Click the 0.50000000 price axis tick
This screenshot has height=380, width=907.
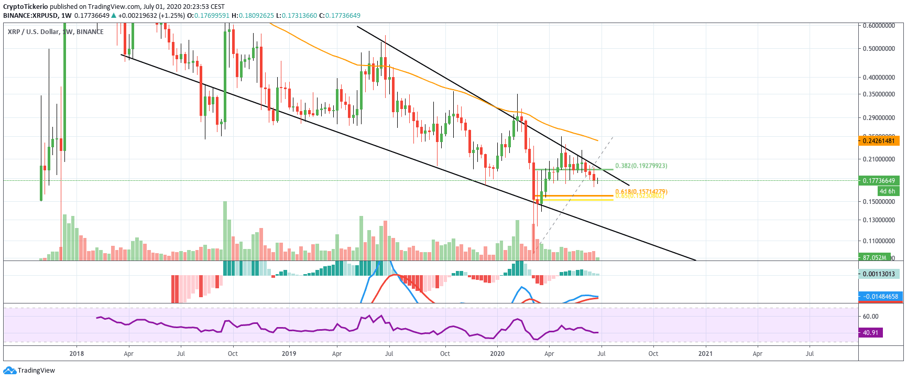click(878, 49)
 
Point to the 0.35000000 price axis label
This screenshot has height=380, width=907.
click(878, 94)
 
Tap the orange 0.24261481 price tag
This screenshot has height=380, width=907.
click(879, 140)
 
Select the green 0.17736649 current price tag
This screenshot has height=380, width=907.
click(879, 181)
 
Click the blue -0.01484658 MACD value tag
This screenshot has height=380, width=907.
click(880, 297)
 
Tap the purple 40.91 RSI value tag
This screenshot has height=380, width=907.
click(870, 332)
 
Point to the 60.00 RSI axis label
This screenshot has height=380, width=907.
click(870, 317)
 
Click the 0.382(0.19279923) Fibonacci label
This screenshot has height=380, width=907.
click(641, 166)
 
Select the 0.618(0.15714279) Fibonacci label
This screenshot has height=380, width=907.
click(641, 191)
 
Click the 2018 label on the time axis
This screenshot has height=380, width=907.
click(77, 353)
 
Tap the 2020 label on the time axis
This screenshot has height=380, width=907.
click(497, 353)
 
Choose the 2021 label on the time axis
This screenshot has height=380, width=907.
click(705, 353)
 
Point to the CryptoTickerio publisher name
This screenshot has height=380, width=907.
click(25, 7)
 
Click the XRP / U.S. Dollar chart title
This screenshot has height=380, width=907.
click(34, 32)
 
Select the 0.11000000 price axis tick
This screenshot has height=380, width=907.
click(878, 241)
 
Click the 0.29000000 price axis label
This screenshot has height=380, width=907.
click(878, 118)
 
